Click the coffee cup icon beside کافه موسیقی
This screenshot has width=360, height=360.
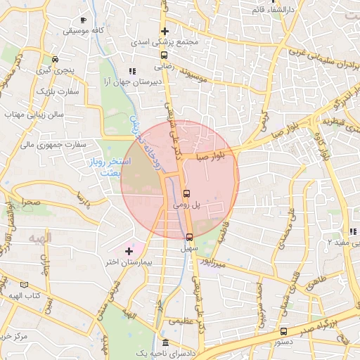(x=84, y=20)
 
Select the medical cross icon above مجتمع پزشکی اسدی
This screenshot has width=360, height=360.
(x=165, y=32)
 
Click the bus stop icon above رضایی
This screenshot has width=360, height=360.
(x=164, y=55)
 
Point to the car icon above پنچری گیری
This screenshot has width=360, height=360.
(x=55, y=59)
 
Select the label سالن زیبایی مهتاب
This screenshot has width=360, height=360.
(x=34, y=114)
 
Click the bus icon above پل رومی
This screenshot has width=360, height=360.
(x=186, y=193)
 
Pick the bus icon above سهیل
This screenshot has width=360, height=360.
(x=189, y=237)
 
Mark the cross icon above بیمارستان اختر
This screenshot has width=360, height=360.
(x=128, y=250)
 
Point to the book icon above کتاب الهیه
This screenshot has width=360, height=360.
(x=25, y=285)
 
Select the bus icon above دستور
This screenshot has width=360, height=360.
(x=283, y=330)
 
